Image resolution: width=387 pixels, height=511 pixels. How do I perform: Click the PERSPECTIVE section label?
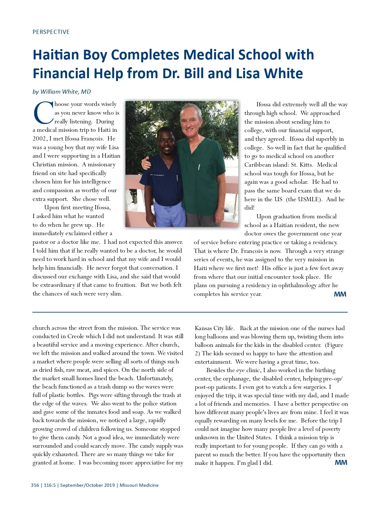51,32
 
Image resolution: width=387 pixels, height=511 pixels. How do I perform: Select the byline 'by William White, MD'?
62,92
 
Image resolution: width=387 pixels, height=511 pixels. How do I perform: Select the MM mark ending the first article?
340,294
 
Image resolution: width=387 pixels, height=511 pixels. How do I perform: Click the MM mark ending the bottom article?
341,463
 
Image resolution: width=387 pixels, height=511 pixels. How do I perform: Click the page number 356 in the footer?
35,485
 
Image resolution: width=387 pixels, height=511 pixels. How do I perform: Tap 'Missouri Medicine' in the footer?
139,485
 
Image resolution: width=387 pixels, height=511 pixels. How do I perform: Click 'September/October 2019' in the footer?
87,485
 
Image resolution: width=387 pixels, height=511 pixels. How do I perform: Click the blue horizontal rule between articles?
190,312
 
